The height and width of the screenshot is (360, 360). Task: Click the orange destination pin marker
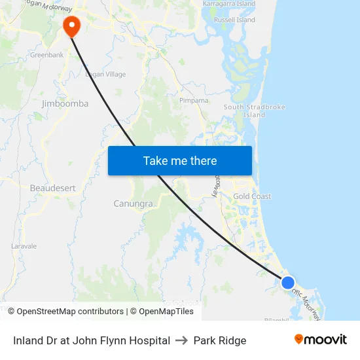(x=71, y=26)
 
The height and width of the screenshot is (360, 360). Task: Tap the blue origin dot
(x=288, y=283)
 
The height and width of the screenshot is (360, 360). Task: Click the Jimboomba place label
(x=65, y=103)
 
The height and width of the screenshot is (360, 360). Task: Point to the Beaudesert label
(x=52, y=188)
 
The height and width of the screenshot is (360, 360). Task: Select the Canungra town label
(x=133, y=204)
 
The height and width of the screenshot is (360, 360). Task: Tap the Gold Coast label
(x=252, y=196)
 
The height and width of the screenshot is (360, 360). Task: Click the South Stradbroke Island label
(x=245, y=111)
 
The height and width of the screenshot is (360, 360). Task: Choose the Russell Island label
(x=234, y=20)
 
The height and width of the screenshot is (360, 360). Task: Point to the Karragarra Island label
(x=229, y=4)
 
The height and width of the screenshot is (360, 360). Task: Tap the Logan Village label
(x=105, y=75)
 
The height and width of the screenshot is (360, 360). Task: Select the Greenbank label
(x=46, y=55)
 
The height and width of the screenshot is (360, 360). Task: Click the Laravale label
(x=24, y=246)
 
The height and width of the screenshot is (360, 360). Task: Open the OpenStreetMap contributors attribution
(x=70, y=312)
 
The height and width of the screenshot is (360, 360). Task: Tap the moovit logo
(x=321, y=340)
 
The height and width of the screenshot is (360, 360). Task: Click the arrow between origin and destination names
(x=182, y=340)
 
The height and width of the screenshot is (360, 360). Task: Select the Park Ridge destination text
(x=220, y=340)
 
